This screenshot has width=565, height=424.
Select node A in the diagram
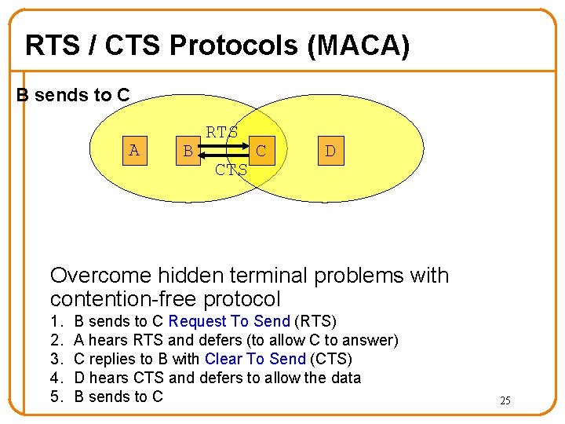(x=134, y=150)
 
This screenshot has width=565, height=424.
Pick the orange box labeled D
(x=330, y=151)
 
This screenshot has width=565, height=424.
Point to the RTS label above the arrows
(x=222, y=133)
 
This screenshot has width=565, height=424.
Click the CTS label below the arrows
(x=231, y=170)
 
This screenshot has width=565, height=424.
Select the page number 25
(x=505, y=400)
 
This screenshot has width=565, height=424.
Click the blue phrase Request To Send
(x=229, y=321)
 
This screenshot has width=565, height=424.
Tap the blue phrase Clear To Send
(x=254, y=359)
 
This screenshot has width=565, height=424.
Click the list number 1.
(x=56, y=321)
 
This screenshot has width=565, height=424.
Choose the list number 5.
(x=56, y=397)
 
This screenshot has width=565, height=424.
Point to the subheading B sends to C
(x=74, y=95)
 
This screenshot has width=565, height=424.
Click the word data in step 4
(x=345, y=378)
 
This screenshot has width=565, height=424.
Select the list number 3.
(x=56, y=359)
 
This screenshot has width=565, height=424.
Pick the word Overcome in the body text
(x=100, y=276)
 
